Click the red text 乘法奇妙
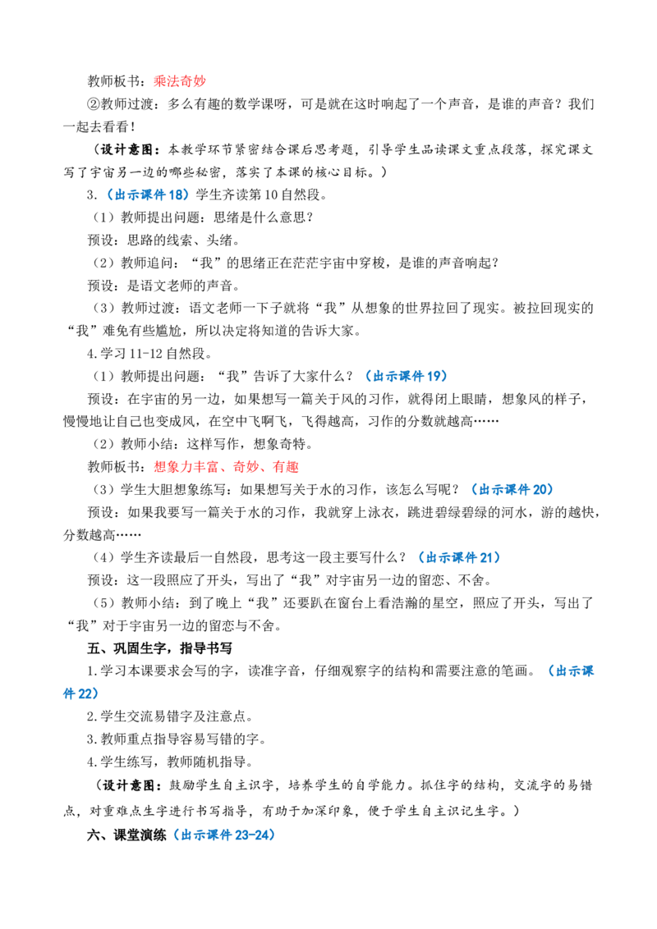click(180, 81)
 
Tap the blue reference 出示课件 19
click(407, 376)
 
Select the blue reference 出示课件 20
click(512, 489)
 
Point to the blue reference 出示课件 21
click(460, 557)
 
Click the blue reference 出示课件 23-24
click(225, 835)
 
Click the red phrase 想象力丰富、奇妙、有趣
click(226, 467)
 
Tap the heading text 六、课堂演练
click(127, 835)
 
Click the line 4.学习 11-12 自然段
click(149, 354)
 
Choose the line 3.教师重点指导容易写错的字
click(177, 739)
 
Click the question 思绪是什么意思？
click(264, 217)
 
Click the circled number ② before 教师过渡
click(94, 104)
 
